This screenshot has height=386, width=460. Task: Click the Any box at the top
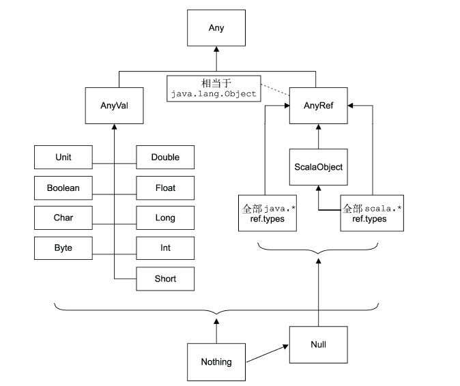[216, 28]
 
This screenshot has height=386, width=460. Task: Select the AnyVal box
[113, 106]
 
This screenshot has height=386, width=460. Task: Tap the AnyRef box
[318, 106]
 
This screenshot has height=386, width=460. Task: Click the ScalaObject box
[318, 166]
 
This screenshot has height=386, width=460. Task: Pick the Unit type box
[63, 158]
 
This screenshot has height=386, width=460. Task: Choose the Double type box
[165, 158]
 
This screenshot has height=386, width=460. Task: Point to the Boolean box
[63, 188]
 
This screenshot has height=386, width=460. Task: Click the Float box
[165, 188]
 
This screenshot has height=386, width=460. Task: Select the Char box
[63, 218]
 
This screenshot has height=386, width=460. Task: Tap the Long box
[165, 218]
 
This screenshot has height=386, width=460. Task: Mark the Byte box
[63, 248]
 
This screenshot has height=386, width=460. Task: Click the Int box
[165, 248]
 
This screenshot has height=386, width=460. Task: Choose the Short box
[165, 278]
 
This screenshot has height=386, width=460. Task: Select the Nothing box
[216, 361]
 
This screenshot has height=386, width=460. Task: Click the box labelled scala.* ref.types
[371, 213]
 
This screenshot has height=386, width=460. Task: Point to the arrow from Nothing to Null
[267, 353]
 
